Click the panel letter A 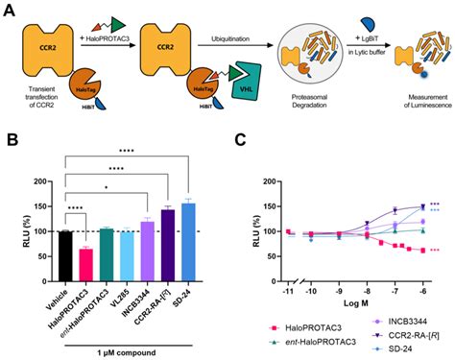point(9,11)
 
